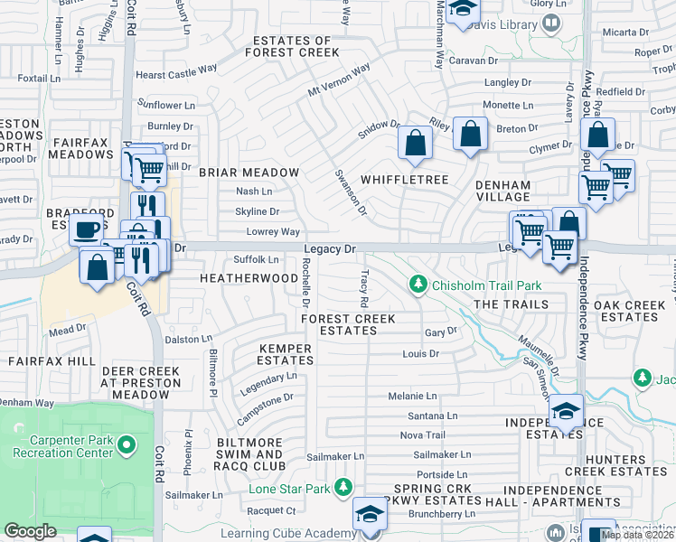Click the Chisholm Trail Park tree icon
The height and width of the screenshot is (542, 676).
tap(418, 285)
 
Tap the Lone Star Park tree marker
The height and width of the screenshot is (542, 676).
tap(343, 489)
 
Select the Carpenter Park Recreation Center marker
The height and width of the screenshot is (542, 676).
tap(127, 444)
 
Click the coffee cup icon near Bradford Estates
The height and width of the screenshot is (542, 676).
tap(87, 230)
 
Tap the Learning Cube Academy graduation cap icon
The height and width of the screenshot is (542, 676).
tap(369, 514)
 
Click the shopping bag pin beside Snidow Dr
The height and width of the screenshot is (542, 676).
tap(414, 142)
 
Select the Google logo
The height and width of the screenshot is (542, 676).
tap(30, 531)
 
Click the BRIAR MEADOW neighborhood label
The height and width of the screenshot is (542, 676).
tap(249, 173)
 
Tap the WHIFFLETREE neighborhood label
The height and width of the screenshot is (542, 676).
tap(405, 180)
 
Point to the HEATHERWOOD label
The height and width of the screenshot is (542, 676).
tap(249, 278)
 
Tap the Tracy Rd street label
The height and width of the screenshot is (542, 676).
tap(364, 286)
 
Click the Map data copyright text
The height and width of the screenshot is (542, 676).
tap(636, 535)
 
